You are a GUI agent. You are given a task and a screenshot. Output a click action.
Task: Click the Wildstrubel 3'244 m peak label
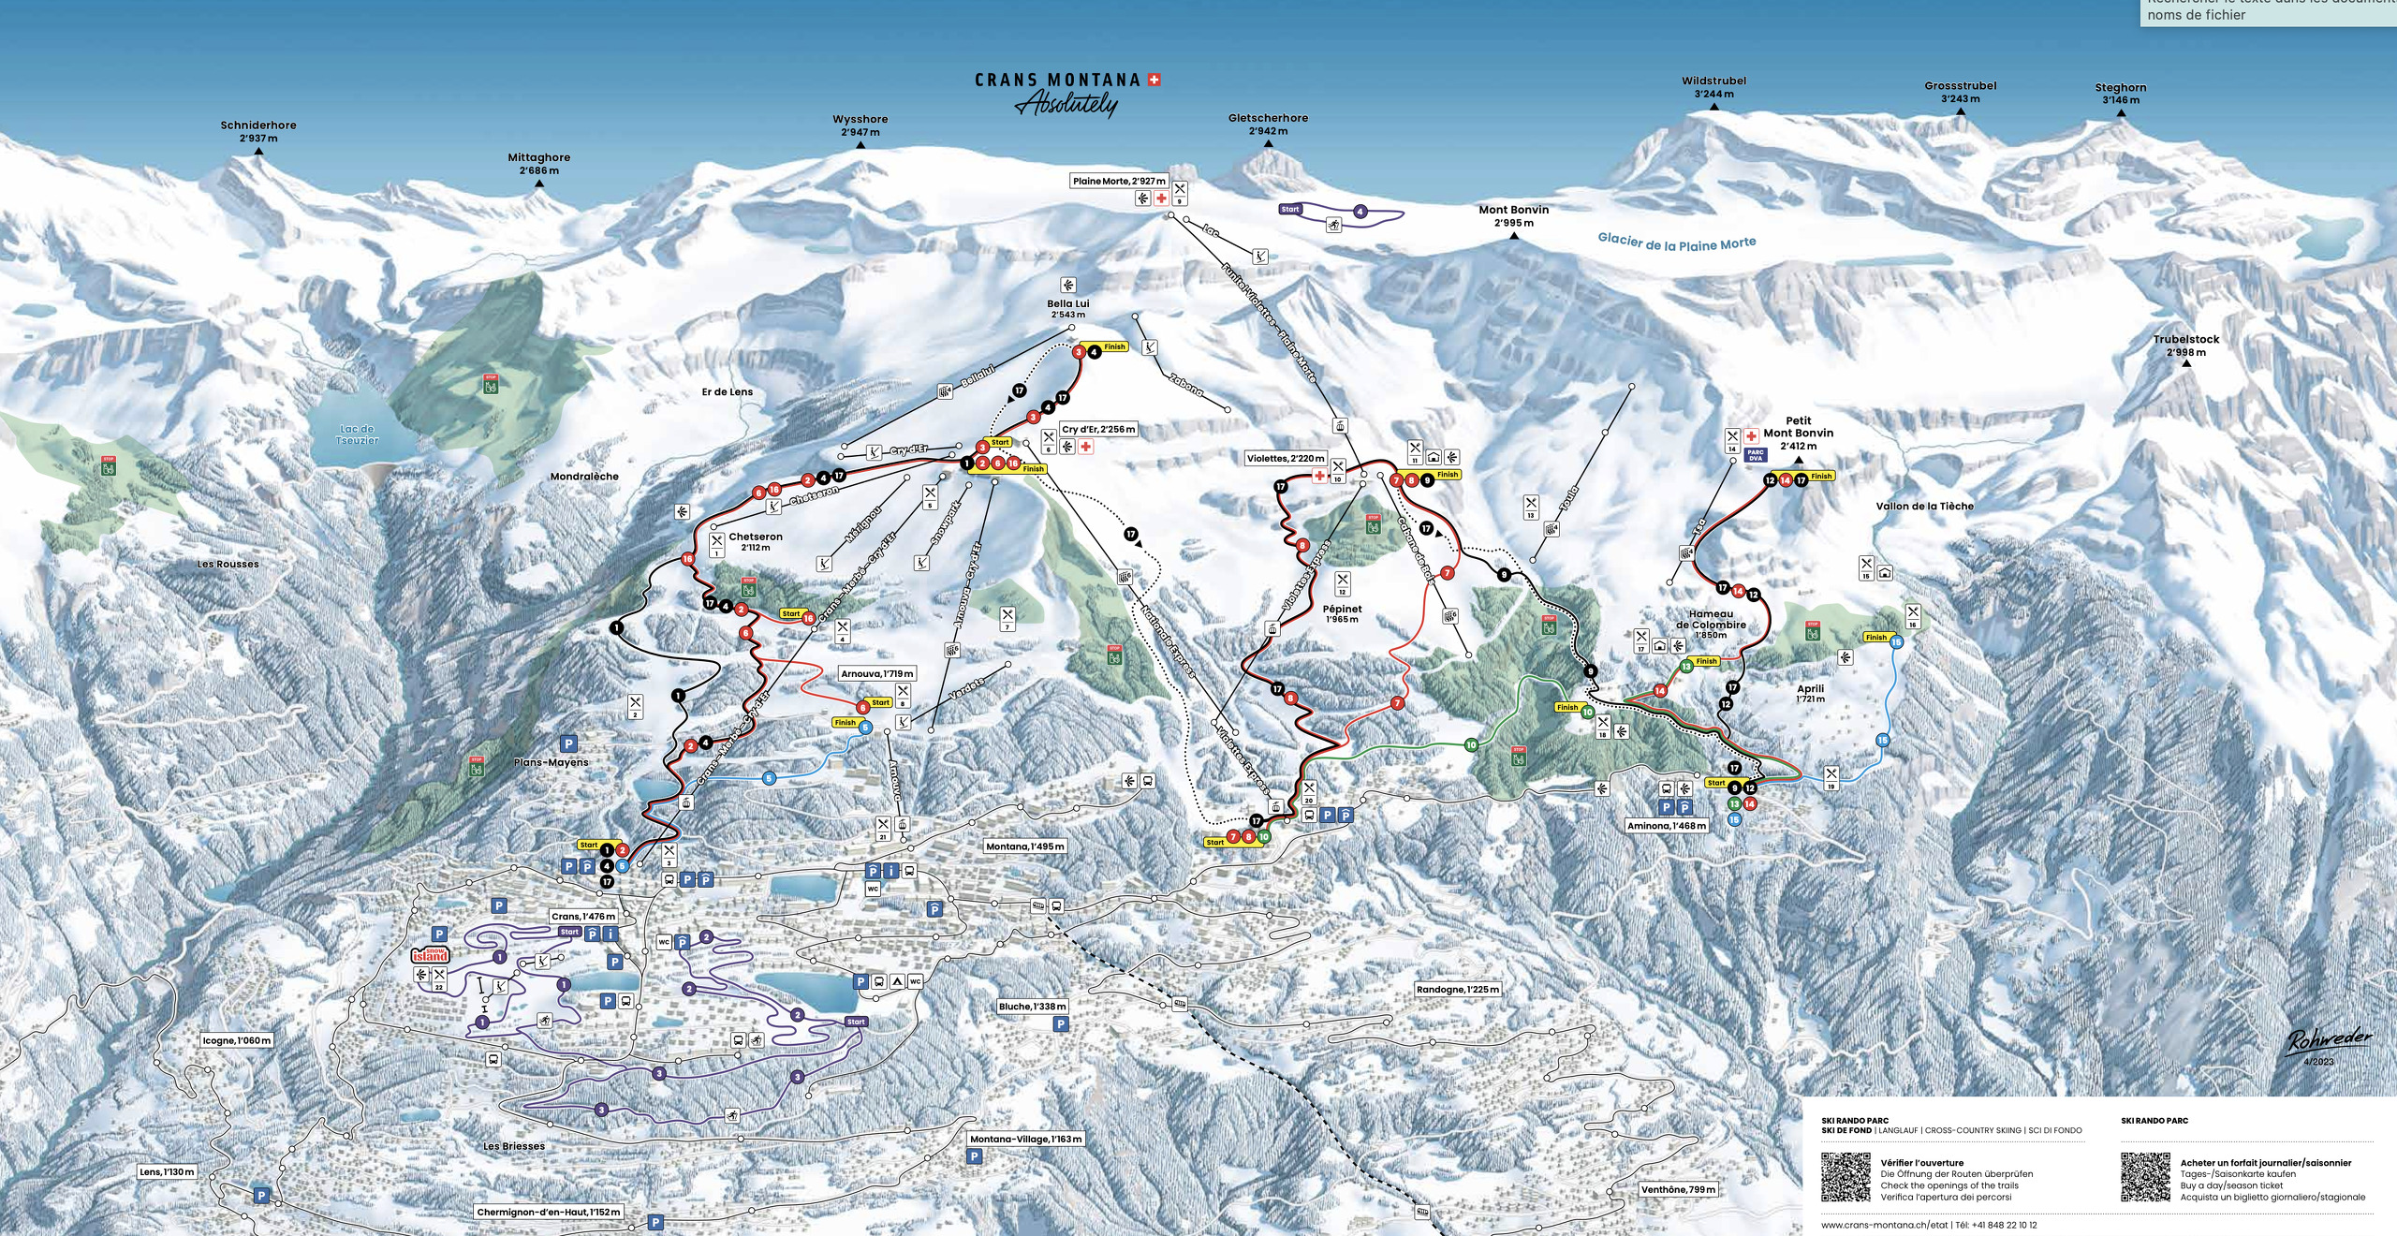(1713, 87)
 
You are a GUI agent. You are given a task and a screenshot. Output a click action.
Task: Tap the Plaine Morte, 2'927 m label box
(1119, 181)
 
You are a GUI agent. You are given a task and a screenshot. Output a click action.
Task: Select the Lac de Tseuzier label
(357, 434)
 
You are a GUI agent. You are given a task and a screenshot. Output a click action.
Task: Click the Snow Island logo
(431, 955)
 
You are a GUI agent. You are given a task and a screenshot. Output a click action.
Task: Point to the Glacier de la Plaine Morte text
(1676, 243)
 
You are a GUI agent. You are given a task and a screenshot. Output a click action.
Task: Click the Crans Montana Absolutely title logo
(1067, 93)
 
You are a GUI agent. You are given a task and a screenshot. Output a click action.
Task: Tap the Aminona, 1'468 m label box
(1668, 826)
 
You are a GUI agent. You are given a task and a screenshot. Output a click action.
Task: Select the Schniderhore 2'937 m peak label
(258, 131)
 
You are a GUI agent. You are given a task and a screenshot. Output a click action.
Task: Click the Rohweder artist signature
(2330, 1040)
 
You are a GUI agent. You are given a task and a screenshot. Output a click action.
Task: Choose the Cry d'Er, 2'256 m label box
(1098, 430)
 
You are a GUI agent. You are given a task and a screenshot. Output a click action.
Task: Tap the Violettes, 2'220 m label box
(1286, 459)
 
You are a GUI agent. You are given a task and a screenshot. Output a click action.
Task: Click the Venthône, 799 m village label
(1678, 1189)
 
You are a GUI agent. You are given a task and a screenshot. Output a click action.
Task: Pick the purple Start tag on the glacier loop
(1290, 210)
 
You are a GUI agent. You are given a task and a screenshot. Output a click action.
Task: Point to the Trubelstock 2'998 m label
(2185, 346)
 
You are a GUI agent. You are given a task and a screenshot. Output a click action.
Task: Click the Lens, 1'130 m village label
(168, 1171)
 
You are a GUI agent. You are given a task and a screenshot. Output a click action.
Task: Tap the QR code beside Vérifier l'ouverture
(1846, 1177)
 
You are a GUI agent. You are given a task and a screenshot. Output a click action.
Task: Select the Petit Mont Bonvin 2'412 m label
(1798, 433)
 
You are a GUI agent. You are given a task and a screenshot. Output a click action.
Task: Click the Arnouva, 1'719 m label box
(876, 673)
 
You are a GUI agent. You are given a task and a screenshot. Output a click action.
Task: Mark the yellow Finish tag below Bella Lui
(1114, 346)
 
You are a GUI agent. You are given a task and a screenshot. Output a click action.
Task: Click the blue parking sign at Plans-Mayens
(567, 743)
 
